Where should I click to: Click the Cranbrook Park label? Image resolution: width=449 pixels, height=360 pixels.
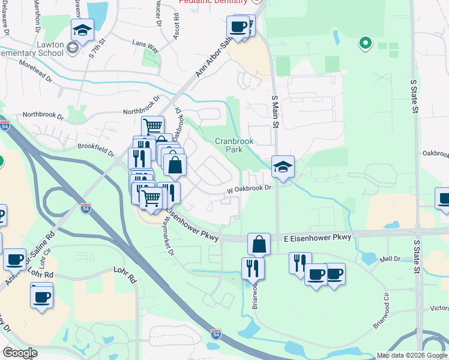tap(235, 145)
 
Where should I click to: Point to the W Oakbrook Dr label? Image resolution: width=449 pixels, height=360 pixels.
tap(249, 188)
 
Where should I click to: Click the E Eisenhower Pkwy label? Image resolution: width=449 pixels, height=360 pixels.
tap(317, 238)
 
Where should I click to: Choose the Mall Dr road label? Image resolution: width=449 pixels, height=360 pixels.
tap(390, 259)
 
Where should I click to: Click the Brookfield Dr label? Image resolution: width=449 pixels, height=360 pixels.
tap(96, 148)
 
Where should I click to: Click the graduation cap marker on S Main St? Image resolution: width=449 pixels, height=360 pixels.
tap(283, 166)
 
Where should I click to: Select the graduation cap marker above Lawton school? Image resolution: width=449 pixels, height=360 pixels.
tap(82, 29)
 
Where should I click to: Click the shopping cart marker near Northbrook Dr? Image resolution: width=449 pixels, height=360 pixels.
tap(153, 126)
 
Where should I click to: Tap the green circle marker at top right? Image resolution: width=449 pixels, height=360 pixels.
tap(364, 43)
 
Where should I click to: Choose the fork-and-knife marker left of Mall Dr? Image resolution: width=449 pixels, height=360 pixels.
tap(300, 262)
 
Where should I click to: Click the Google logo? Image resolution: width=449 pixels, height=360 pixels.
tap(20, 353)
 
